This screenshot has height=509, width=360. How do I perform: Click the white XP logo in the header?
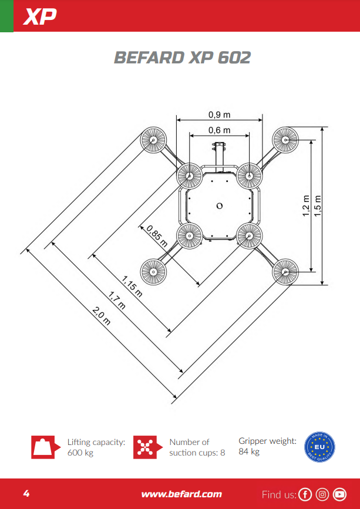coord(39,16)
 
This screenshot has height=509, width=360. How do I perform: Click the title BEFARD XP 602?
coord(183,58)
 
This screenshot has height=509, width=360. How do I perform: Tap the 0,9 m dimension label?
coord(220,114)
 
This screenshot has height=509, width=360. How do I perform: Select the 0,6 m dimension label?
coord(220,130)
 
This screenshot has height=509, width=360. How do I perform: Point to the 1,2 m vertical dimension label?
coord(306,206)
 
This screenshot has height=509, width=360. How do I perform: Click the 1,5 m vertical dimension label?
coord(318,206)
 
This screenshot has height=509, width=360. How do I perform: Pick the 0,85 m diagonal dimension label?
coord(157,236)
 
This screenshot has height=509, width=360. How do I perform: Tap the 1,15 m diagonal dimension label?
coord(132,286)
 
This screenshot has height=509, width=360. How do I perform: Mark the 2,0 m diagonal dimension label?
coord(102,316)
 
